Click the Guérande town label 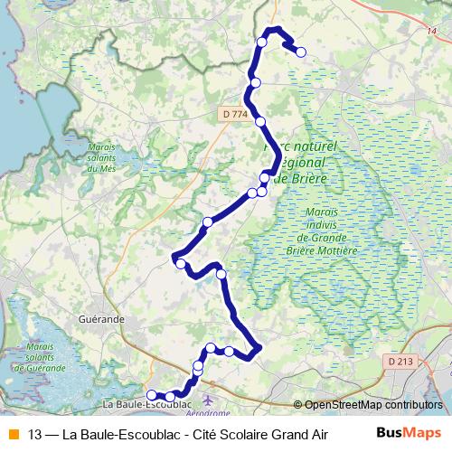pos(102,319)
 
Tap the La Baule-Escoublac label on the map pos(136,404)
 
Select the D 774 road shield pos(233,114)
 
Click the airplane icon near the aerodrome pos(210,399)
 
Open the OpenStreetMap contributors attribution pos(372,405)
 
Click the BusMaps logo pos(409,433)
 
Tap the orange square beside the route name pos(13,433)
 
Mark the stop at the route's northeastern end pos(300,52)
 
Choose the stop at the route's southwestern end pos(152,394)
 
